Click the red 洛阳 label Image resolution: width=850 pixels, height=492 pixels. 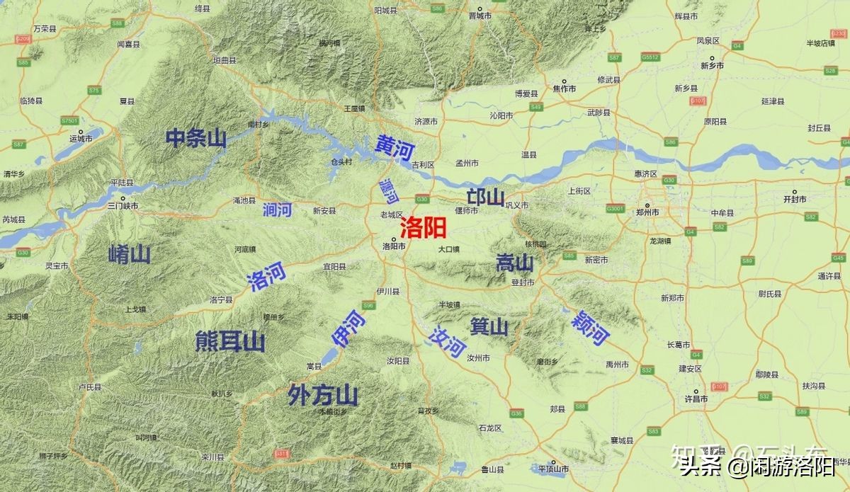(x=423, y=227)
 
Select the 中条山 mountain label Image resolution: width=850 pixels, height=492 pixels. (x=196, y=138)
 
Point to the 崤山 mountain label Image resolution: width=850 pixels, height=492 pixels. (x=130, y=253)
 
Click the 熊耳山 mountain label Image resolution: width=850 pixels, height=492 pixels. (x=230, y=342)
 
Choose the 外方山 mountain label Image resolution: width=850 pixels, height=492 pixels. (x=323, y=395)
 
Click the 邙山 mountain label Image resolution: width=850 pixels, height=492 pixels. (x=485, y=198)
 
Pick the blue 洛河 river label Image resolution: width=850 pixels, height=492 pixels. (x=266, y=276)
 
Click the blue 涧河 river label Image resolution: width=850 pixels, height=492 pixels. (x=276, y=210)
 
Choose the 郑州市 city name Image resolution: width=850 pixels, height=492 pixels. (x=647, y=212)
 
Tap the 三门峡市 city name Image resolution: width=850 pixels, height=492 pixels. (x=123, y=206)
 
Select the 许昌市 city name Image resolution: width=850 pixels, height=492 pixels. (x=696, y=399)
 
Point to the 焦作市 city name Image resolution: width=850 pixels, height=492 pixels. (x=565, y=89)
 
